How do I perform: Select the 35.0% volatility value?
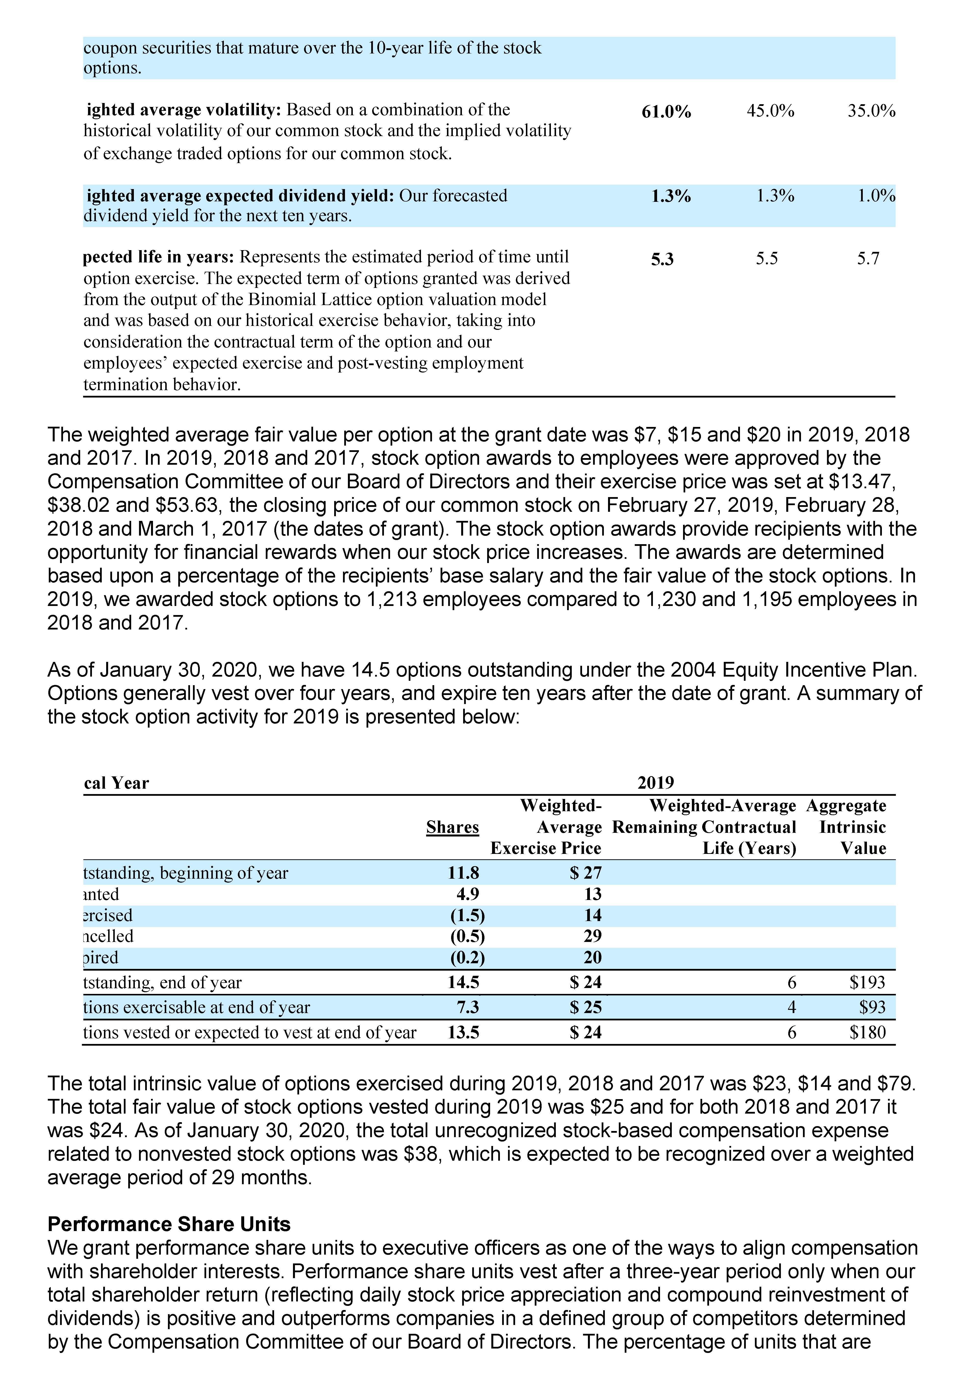871,111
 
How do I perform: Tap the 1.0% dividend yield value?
876,196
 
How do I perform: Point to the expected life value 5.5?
766,259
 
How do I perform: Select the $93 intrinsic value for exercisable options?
872,1007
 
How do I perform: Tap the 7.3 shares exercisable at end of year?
467,1007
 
